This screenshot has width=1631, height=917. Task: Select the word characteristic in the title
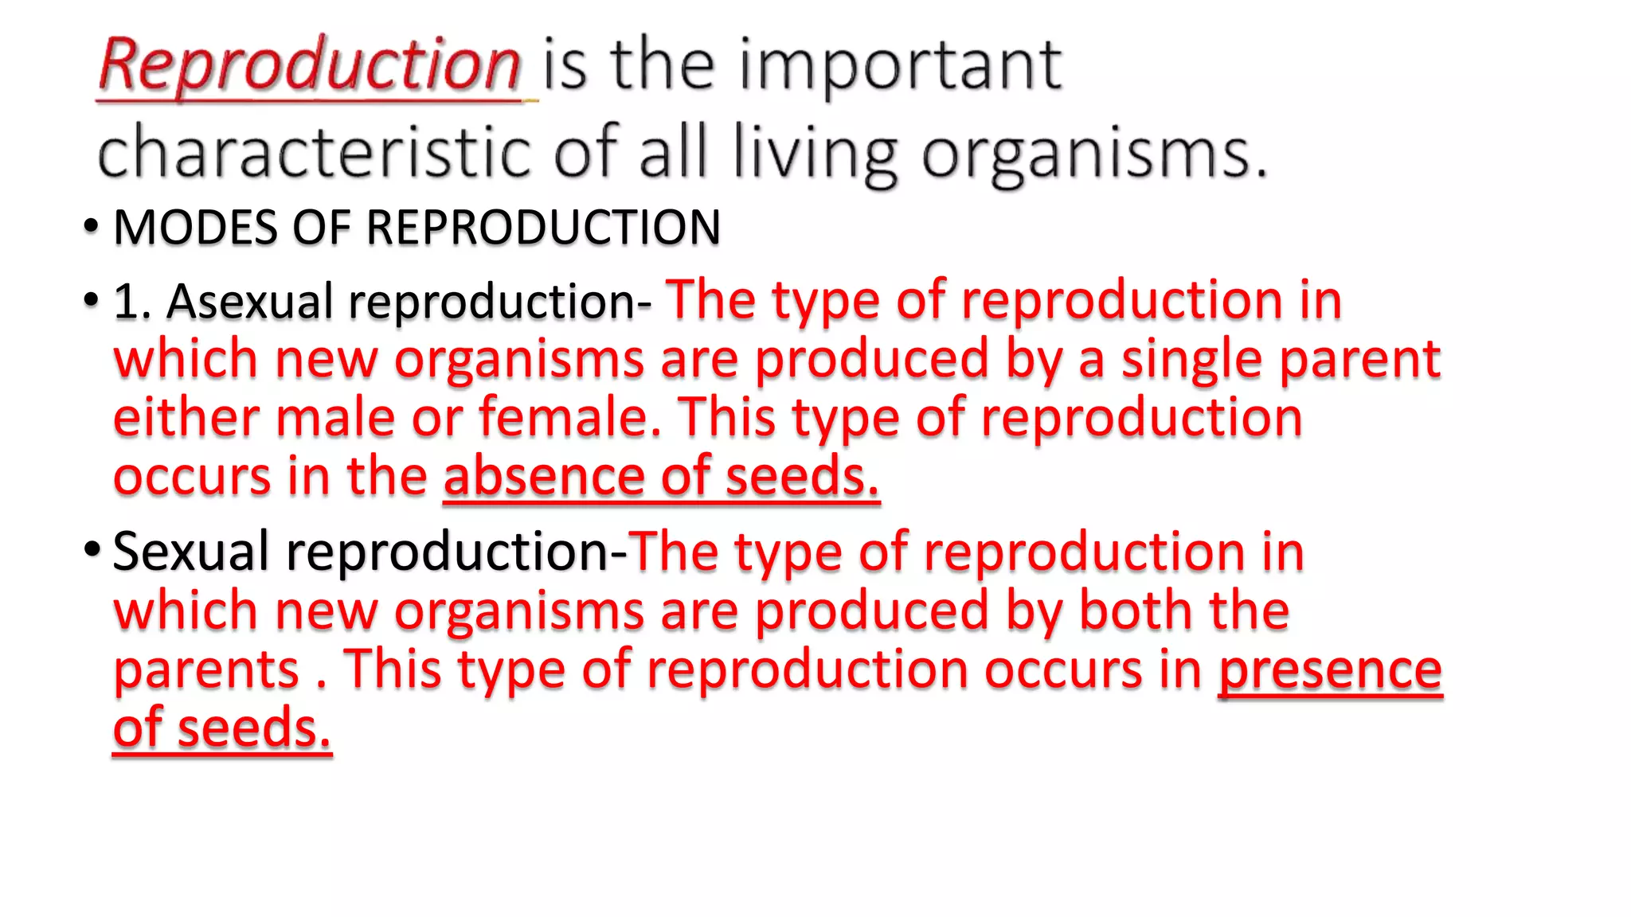[x=314, y=151]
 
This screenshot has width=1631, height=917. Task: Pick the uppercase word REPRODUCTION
[x=543, y=228]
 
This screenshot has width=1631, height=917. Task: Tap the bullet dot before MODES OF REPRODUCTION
[x=91, y=227]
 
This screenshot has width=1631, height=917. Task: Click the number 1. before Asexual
[x=132, y=302]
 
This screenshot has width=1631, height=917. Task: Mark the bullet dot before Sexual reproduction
[x=91, y=550]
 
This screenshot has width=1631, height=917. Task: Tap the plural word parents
[x=206, y=670]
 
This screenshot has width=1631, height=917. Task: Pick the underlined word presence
[x=1330, y=670]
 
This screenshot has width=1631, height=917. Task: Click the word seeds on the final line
[x=253, y=729]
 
